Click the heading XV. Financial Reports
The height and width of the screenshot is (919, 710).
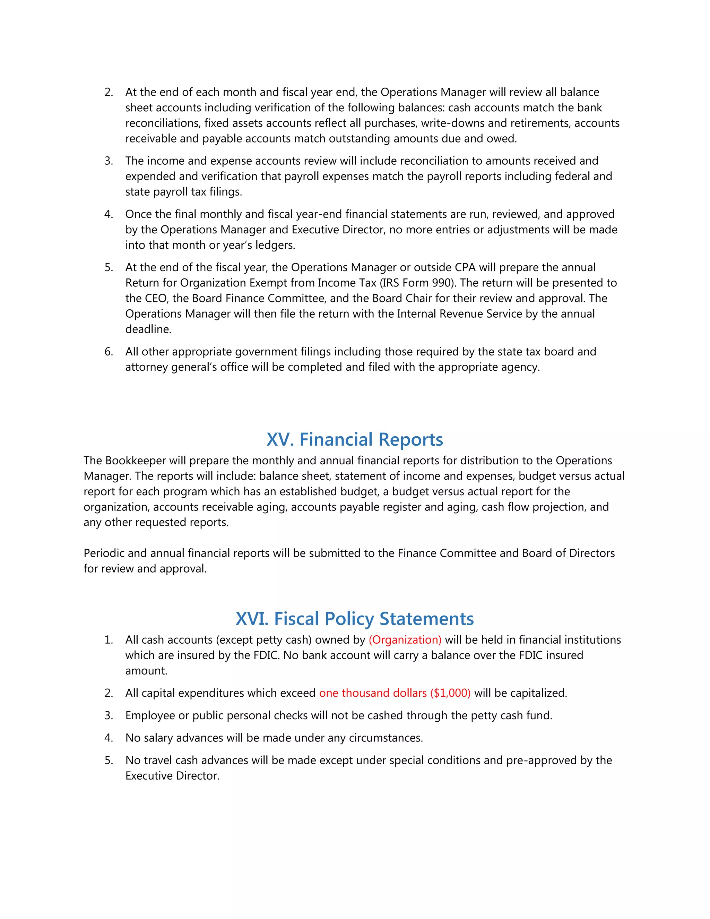tap(355, 439)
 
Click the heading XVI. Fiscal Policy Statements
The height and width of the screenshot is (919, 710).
tap(355, 619)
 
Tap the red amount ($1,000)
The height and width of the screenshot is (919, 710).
tap(450, 693)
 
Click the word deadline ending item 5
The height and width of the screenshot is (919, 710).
tap(148, 329)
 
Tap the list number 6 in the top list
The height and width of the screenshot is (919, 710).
tap(109, 352)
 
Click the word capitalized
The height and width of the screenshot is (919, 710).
tap(538, 693)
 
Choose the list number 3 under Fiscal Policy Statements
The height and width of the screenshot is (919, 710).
tap(109, 715)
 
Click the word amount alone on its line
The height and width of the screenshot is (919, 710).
tap(146, 671)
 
